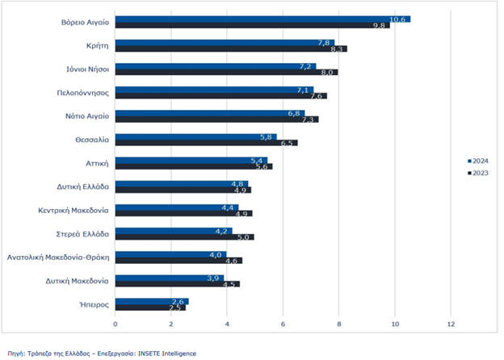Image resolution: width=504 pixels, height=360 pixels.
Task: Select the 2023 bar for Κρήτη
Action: tap(230, 48)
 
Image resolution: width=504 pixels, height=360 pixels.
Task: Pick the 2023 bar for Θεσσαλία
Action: tap(206, 143)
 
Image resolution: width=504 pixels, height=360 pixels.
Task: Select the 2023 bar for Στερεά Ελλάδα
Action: tap(184, 237)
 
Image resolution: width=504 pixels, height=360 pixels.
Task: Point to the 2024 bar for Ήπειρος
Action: tap(152, 301)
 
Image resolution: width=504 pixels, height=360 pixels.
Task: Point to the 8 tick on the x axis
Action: tap(339, 324)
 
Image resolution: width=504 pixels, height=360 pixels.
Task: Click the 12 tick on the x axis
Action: tap(451, 324)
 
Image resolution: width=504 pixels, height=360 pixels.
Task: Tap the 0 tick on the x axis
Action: tap(115, 324)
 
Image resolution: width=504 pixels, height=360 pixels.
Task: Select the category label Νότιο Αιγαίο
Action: tap(88, 115)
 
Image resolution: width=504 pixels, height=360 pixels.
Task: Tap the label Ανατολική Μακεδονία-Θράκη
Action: tap(58, 257)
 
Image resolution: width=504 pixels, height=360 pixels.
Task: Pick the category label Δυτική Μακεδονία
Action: tap(79, 281)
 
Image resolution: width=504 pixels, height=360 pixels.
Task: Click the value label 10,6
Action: tap(397, 19)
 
